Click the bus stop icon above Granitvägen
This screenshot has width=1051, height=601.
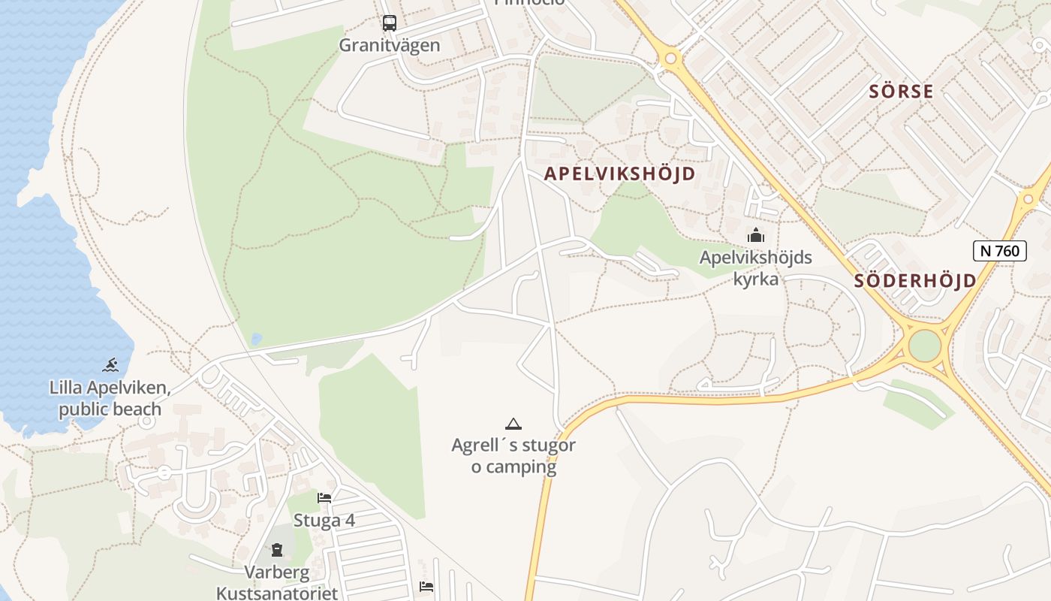389,23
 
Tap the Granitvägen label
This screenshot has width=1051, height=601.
390,45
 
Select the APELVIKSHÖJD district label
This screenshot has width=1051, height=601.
619,174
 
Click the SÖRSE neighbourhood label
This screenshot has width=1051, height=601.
901,92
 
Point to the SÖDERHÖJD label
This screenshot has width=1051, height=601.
916,281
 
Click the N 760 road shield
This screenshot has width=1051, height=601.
999,250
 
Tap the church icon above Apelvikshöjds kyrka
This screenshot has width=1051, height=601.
755,236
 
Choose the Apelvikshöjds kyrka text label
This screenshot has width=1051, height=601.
755,268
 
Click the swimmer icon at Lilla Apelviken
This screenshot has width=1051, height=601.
110,366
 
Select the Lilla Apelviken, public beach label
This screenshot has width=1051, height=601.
110,399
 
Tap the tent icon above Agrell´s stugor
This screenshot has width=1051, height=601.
513,424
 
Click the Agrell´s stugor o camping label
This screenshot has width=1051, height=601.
513,455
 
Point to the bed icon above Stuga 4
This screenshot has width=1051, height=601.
324,497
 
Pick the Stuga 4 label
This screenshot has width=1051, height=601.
324,521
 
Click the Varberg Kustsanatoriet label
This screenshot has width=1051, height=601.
277,583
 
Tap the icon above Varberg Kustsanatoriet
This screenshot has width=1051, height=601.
277,550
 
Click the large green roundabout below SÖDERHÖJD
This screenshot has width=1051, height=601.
925,346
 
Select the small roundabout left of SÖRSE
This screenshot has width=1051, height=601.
670,58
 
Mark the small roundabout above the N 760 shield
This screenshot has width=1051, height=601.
1028,199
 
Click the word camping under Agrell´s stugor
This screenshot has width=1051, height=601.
513,467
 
